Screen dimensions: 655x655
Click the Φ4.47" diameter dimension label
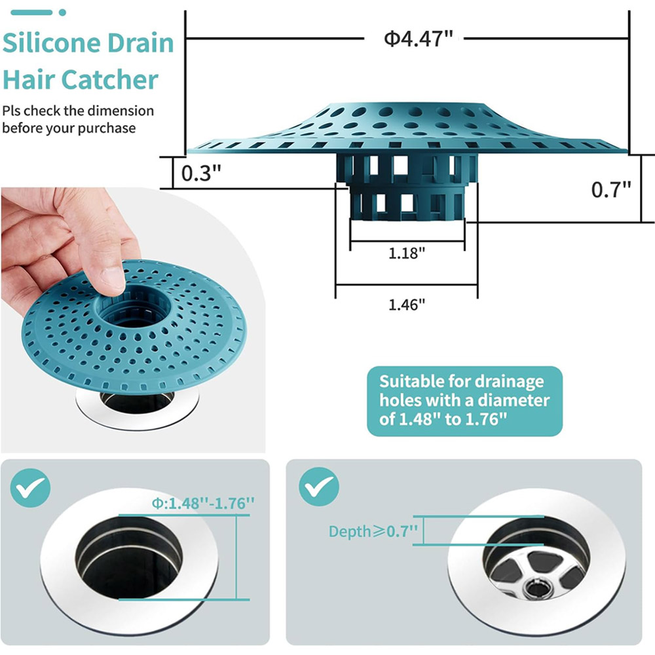click(418, 39)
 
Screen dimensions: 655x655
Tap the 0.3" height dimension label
click(201, 172)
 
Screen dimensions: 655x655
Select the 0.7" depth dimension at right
click(610, 190)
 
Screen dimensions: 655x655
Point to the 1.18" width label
click(407, 253)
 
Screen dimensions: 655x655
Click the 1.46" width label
click(407, 305)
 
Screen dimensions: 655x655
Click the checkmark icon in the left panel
click(30, 488)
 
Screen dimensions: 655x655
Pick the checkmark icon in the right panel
click(319, 487)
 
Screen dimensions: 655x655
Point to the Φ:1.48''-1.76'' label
click(203, 503)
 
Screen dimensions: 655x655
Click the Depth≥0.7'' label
click(373, 531)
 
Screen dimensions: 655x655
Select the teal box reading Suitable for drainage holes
click(464, 401)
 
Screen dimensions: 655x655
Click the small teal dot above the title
click(62, 12)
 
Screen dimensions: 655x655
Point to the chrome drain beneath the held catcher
click(138, 407)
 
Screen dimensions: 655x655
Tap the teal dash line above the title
click(31, 12)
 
